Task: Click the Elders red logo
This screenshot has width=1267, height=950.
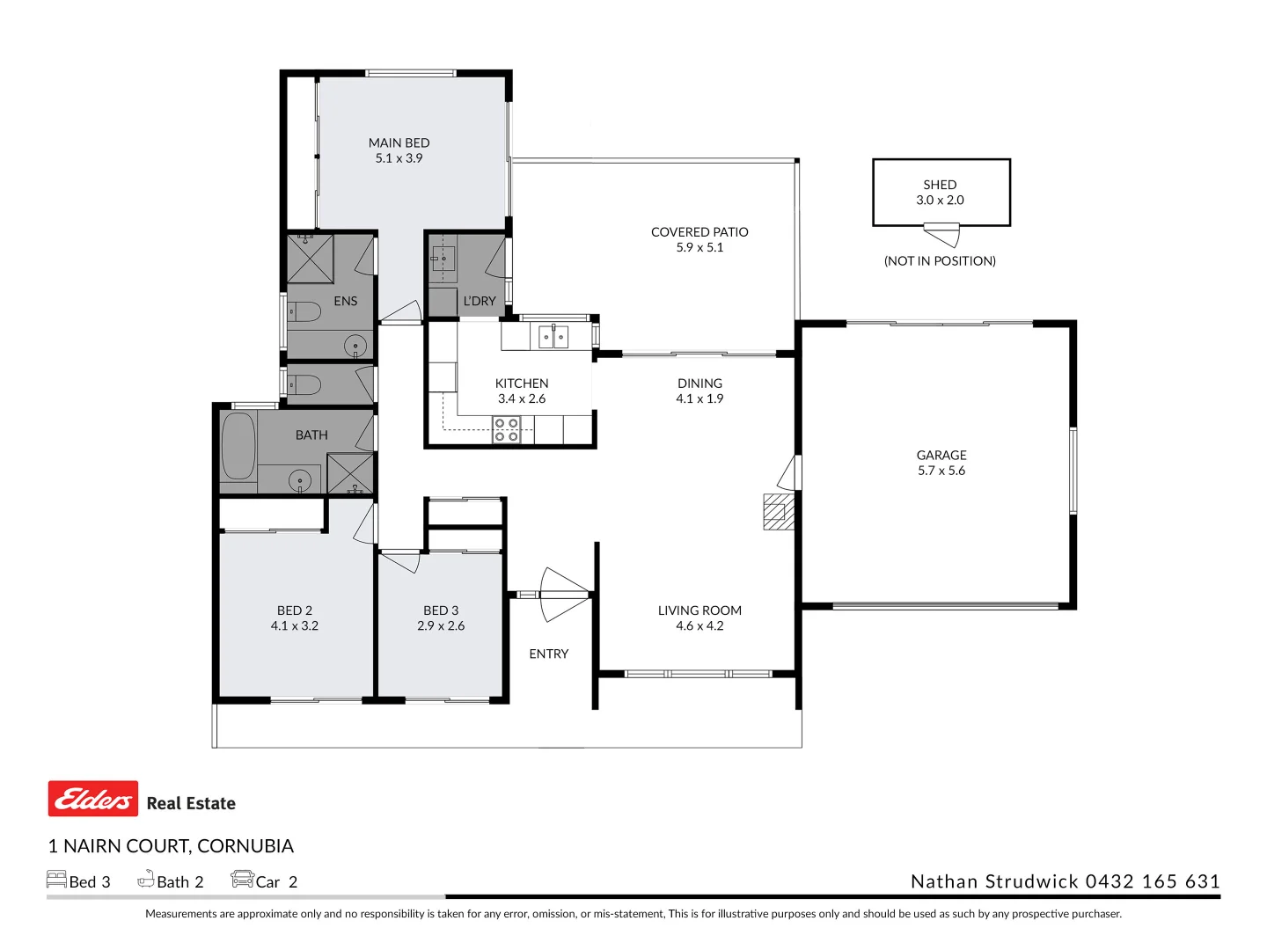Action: (93, 798)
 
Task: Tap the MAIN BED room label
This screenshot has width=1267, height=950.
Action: (399, 142)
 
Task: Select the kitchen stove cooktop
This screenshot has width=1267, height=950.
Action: (506, 430)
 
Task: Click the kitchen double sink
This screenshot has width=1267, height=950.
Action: (553, 336)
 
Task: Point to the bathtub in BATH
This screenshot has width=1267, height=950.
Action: (238, 445)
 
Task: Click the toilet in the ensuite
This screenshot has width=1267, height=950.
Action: (304, 312)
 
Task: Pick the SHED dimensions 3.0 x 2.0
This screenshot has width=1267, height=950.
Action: (940, 200)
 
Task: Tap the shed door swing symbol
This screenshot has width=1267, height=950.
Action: (941, 235)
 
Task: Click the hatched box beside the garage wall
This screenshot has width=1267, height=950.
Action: (779, 511)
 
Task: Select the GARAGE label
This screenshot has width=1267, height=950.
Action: (941, 455)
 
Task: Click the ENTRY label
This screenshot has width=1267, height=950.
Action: (548, 654)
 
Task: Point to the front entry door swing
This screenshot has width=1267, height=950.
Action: (564, 594)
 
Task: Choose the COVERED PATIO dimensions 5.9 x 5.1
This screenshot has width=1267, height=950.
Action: (699, 247)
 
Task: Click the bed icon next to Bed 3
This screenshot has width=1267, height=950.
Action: (56, 879)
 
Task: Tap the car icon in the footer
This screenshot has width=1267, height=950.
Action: (242, 879)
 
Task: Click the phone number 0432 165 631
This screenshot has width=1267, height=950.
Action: (1153, 881)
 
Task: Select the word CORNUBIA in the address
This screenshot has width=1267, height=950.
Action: (245, 845)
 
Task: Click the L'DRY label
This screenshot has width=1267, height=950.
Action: (480, 301)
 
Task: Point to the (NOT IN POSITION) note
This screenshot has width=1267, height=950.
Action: (940, 260)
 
